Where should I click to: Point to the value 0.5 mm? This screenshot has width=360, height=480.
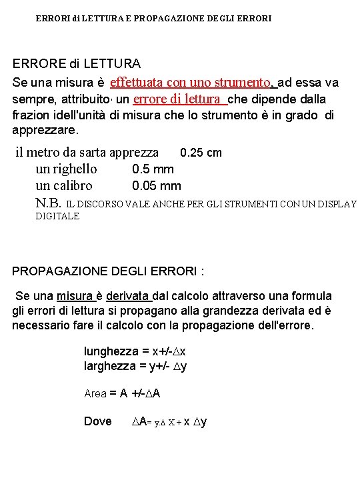[x=153, y=169]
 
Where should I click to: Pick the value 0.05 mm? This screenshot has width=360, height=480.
[x=156, y=186]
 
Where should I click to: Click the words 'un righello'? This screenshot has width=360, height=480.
[x=66, y=169]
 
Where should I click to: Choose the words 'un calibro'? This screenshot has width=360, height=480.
[x=64, y=186]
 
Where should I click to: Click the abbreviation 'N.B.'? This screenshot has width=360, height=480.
[x=48, y=203]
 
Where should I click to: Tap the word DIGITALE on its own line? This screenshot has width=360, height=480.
[x=57, y=216]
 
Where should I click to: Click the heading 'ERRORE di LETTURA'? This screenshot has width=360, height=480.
[x=77, y=64]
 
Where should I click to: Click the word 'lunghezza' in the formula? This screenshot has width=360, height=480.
[x=110, y=351]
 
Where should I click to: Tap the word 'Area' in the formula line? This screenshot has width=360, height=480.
[x=95, y=394]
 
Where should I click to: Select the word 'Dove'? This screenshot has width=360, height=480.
[x=98, y=421]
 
